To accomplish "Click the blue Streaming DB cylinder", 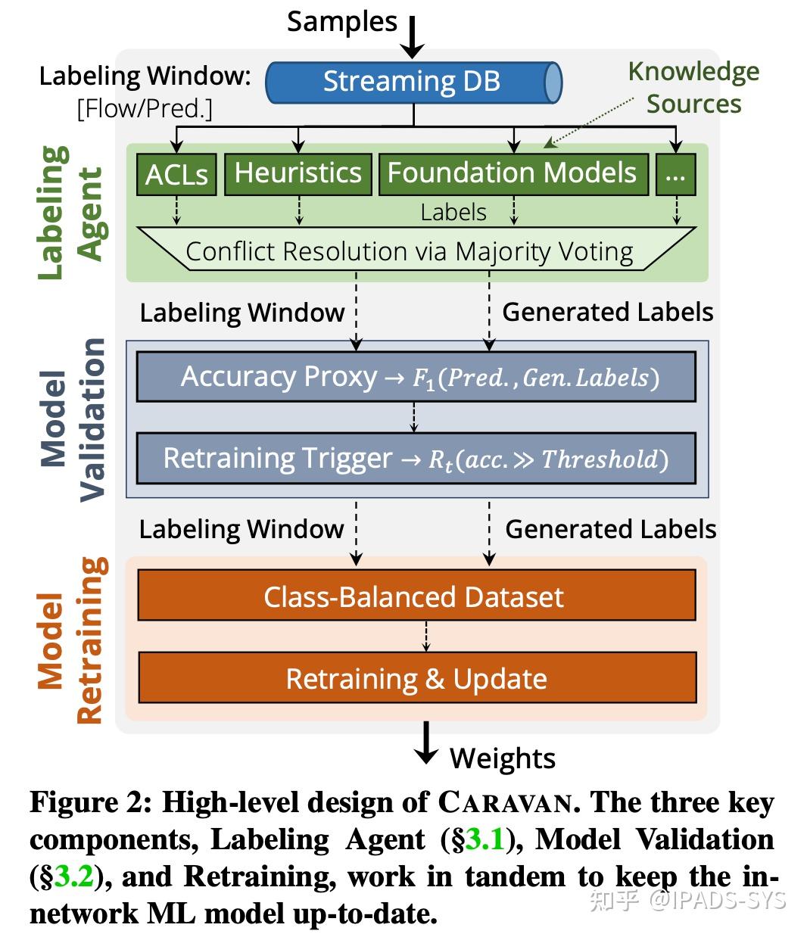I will (x=413, y=82).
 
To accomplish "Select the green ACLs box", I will (x=176, y=174).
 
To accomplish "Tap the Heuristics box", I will (x=298, y=173).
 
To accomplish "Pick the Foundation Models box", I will (x=513, y=173).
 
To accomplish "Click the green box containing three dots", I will (x=675, y=174).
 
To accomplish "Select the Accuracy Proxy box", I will (x=416, y=377).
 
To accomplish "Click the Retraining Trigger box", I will (x=416, y=459).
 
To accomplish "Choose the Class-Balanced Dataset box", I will (x=416, y=596).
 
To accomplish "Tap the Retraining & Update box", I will (x=416, y=678).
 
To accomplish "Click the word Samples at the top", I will (x=341, y=21).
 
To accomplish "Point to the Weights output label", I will (x=503, y=758).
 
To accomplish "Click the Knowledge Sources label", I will (x=693, y=87).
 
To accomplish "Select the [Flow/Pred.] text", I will (x=144, y=109).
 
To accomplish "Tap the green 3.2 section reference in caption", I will (x=73, y=877).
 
